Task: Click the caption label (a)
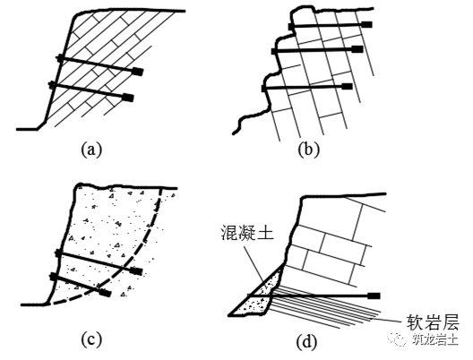(91, 150)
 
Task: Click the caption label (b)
(308, 150)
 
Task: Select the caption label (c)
(91, 340)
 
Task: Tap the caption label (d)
(307, 342)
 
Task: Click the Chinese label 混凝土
(247, 233)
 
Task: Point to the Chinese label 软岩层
(433, 321)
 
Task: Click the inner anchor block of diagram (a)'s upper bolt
(138, 72)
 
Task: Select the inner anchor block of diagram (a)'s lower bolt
(128, 98)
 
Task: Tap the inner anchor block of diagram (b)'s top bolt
(366, 24)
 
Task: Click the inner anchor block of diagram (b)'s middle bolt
(357, 49)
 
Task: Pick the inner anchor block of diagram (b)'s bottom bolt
(347, 87)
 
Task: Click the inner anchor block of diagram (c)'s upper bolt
(136, 271)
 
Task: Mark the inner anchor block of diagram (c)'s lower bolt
(106, 293)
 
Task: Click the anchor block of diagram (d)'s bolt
(374, 296)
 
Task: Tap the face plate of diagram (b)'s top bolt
(290, 27)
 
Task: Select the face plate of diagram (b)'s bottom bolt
(263, 89)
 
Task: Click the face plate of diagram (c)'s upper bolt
(58, 253)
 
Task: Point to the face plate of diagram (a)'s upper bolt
(60, 58)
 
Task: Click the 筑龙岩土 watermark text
(435, 339)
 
